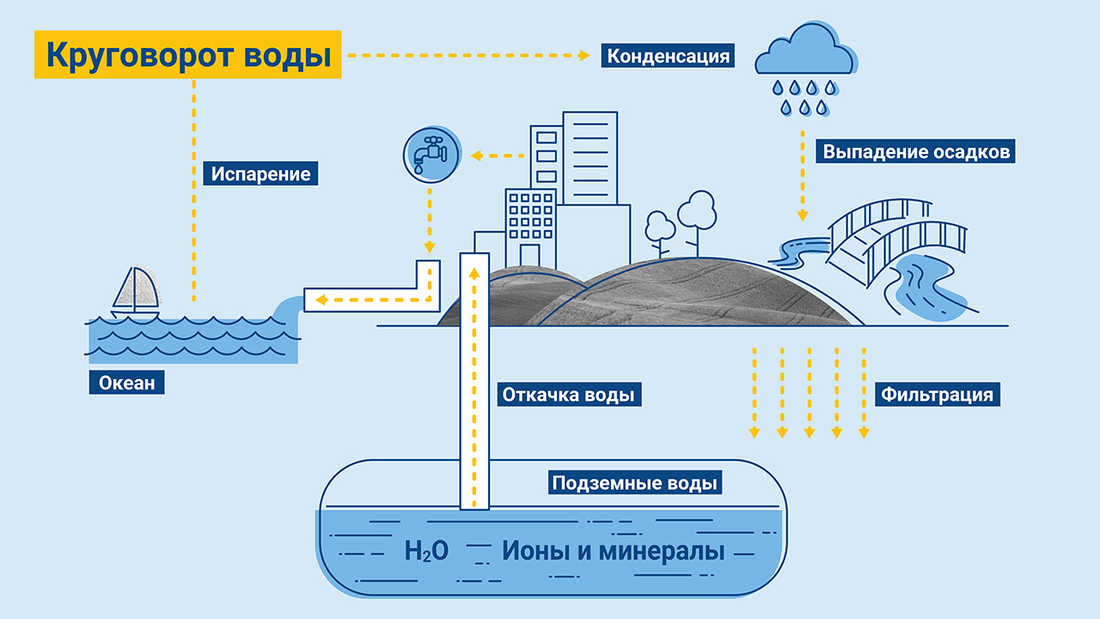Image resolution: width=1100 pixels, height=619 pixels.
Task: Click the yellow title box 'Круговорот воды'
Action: click(x=187, y=54)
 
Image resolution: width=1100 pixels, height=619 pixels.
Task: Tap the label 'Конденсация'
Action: click(x=668, y=56)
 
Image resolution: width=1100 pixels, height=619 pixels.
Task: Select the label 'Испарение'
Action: click(x=260, y=174)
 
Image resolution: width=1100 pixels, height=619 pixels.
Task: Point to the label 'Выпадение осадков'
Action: click(x=915, y=150)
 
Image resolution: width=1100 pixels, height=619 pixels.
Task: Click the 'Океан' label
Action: click(x=126, y=383)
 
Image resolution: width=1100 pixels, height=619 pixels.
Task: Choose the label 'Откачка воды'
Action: click(x=569, y=395)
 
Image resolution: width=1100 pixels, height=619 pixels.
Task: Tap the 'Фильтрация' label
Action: click(x=938, y=395)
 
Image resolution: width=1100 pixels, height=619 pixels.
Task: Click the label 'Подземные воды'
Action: click(x=635, y=482)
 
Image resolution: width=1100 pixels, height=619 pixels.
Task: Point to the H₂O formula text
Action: click(x=426, y=551)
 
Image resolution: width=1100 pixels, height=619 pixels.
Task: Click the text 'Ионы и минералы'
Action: click(x=613, y=550)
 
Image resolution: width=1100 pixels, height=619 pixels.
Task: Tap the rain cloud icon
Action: click(x=806, y=69)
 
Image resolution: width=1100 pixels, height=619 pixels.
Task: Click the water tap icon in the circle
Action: click(x=431, y=155)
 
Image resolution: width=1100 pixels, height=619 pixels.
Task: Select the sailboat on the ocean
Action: click(x=136, y=292)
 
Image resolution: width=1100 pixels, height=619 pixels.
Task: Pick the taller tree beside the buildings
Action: click(x=697, y=222)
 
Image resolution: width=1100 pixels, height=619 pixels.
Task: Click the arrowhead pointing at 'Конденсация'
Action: click(x=584, y=56)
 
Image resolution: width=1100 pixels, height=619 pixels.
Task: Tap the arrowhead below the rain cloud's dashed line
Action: click(x=803, y=215)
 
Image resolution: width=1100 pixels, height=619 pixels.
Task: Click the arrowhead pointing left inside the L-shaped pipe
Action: click(x=321, y=299)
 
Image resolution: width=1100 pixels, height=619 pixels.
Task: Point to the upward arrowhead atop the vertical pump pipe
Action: click(x=474, y=273)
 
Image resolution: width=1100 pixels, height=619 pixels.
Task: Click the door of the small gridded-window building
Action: click(x=529, y=256)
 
